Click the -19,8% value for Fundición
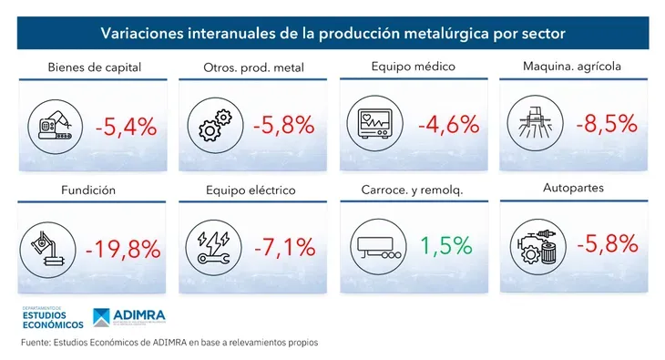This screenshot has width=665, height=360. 122,248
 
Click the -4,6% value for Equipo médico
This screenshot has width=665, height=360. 448,124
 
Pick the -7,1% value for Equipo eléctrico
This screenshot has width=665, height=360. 283,246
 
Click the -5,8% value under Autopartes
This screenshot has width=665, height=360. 606,245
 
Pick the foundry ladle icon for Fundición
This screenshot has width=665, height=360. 51,248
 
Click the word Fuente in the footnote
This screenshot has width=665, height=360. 37,343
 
